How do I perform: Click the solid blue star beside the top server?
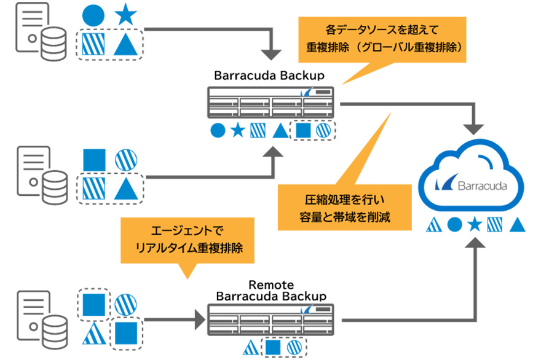click(x=125, y=15)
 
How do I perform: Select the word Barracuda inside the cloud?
click(x=481, y=186)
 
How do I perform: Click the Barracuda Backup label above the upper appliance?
click(x=269, y=76)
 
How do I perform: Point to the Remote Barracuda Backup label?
click(x=270, y=291)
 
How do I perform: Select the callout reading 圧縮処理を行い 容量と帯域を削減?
click(x=344, y=208)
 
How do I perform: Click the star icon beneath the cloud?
click(x=474, y=224)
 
